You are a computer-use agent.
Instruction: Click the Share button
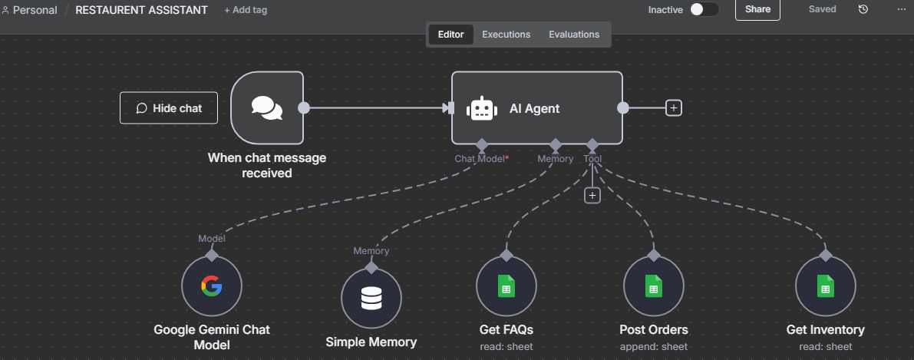tap(757, 10)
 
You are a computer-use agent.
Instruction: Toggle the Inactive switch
tap(704, 10)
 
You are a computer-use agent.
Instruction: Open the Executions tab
tap(506, 35)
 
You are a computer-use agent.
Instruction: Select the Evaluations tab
tap(574, 35)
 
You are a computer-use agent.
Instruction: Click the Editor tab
tap(450, 35)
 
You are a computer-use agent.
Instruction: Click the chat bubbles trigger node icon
tap(267, 107)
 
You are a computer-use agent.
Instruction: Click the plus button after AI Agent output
tap(674, 108)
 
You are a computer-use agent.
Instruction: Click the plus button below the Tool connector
tap(592, 196)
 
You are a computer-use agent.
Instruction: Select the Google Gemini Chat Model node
tap(212, 287)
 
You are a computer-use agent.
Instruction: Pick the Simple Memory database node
tap(371, 299)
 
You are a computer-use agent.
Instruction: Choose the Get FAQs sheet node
tap(506, 287)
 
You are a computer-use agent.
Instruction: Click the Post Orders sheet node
tap(653, 287)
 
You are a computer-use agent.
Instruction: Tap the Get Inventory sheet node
tap(825, 287)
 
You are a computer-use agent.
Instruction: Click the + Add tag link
tap(246, 10)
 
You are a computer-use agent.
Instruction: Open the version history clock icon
tap(863, 10)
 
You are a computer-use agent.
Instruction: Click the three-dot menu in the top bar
tap(901, 10)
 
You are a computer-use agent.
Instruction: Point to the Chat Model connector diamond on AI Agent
tap(481, 144)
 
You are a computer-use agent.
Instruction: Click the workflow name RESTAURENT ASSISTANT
tap(141, 10)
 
